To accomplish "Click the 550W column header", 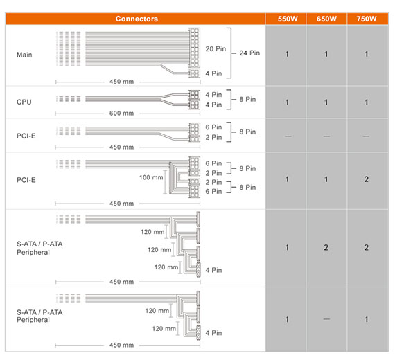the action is pos(288,19).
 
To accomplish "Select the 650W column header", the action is pos(326,19).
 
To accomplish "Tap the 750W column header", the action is pos(367,19).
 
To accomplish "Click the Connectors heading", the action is pos(137,19).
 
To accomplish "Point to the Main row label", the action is pos(24,55).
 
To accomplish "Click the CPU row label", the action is pos(24,102).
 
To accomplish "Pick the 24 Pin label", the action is pos(249,53).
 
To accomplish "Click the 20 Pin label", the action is pos(216,49).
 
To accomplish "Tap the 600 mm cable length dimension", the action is pos(121,114).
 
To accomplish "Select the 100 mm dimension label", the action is pos(151,177).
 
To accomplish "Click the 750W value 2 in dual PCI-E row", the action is pos(367,179).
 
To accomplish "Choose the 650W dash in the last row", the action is pos(326,319).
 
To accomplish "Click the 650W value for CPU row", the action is pos(326,102).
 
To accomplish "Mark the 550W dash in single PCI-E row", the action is pos(288,136).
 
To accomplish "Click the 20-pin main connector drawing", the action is pos(194,47).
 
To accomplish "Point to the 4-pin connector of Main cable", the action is pos(194,73).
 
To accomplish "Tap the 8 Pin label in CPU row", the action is pos(247,99).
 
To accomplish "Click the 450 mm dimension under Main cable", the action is pos(121,82).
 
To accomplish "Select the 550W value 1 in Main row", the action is pos(287,54).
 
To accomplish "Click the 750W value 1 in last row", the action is pos(367,319).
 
